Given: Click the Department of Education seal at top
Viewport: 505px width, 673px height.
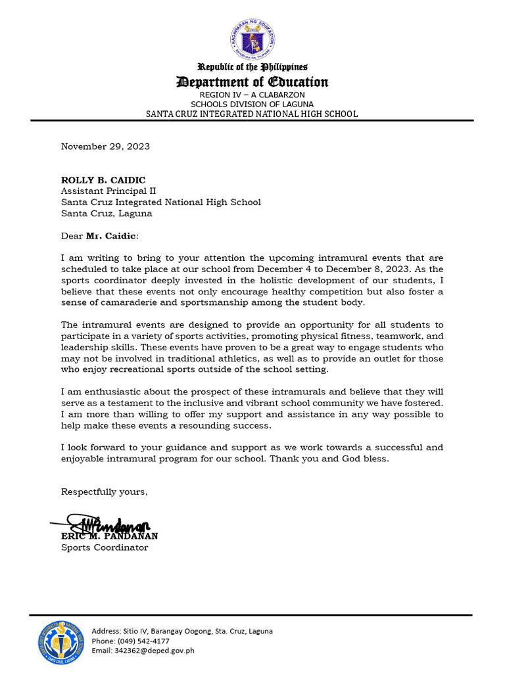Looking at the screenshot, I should pos(252,39).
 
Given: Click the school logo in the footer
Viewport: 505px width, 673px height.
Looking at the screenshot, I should pos(60,641).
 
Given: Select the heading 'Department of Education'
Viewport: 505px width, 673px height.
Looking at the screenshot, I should pos(252,82).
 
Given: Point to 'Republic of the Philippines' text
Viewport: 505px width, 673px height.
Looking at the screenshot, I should pos(252,67).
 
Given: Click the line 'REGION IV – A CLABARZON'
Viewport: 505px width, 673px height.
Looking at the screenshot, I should pos(252,95).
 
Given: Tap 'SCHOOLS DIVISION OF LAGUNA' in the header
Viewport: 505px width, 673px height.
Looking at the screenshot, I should pos(252,104).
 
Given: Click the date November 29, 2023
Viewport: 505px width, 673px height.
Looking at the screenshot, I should pos(105,147).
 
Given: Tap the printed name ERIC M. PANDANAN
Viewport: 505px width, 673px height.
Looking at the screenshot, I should pos(110,536).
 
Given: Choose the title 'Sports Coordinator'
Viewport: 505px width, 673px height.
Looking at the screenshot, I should pos(105,547).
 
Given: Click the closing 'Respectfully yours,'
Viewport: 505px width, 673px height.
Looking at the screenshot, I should pos(105,492).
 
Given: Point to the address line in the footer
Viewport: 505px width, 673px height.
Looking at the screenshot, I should pos(182,631).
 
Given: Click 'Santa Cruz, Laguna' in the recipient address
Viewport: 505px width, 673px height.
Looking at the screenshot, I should pos(107,214).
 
